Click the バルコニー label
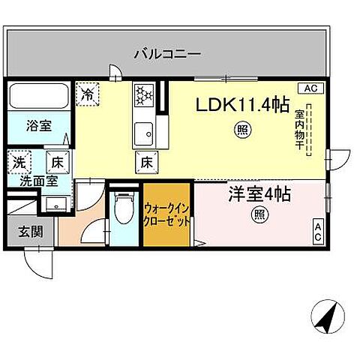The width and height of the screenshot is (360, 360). pos(168,54)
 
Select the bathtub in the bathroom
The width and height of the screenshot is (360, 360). pos(40,97)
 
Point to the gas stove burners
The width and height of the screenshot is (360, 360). pos(143,95)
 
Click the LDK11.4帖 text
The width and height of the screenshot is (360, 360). pos(242,106)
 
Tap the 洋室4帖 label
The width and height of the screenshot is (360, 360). pos(259,194)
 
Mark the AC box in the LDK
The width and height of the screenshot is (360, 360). pos(312,88)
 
